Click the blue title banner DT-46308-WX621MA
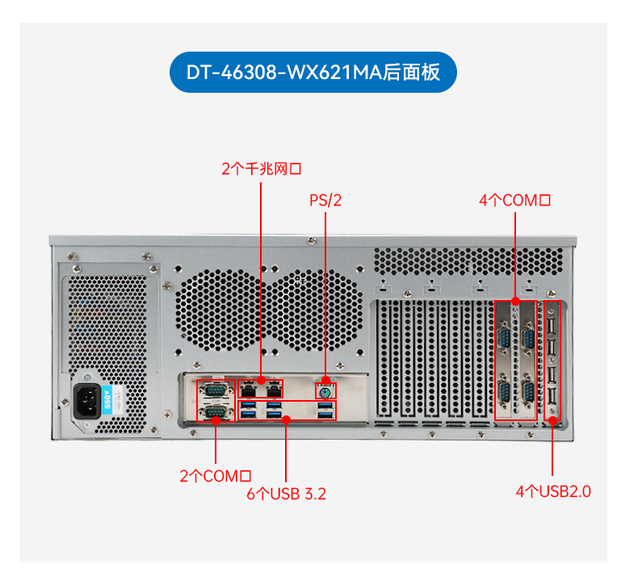point(313,72)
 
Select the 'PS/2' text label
point(325,200)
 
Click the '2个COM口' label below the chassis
point(216,476)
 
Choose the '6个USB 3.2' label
point(286,494)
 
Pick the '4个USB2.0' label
point(553,490)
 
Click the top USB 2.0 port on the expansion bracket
point(552,323)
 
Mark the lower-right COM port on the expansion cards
point(529,393)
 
